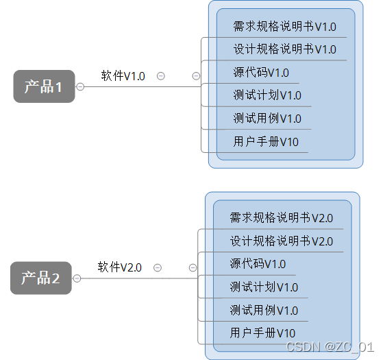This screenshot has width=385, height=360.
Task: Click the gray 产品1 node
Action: click(43, 86)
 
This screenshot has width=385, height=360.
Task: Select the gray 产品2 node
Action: click(40, 278)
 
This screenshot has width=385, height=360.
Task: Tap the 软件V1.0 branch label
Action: click(123, 76)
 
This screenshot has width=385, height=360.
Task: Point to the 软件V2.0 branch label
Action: click(120, 267)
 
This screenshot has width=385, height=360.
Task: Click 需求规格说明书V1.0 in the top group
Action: click(284, 27)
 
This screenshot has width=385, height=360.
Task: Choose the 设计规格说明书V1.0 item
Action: click(284, 49)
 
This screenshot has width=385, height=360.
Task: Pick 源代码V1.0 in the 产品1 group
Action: click(261, 73)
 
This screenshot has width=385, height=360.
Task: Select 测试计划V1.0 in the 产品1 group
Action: click(267, 95)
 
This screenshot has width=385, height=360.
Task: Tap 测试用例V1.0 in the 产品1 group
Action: click(267, 119)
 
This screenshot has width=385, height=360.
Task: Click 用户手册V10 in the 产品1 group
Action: click(266, 142)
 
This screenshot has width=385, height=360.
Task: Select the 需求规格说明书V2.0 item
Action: click(281, 218)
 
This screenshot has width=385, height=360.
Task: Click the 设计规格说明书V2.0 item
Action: click(281, 241)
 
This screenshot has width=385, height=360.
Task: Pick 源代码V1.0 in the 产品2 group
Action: click(258, 264)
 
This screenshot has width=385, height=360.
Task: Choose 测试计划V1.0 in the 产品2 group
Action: click(264, 287)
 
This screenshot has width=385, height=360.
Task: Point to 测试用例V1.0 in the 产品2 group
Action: click(264, 311)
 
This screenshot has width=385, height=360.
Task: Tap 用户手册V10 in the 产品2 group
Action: click(262, 333)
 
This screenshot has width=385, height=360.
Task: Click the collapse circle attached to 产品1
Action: click(80, 86)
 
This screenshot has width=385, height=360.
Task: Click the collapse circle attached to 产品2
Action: click(77, 278)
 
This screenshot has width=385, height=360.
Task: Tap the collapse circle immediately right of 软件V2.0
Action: click(158, 267)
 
